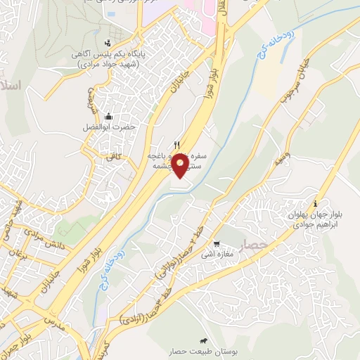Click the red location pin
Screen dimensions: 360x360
(x=180, y=165)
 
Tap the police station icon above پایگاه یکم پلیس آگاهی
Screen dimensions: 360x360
(x=106, y=41)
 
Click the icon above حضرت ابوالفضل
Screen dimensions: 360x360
(x=108, y=116)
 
